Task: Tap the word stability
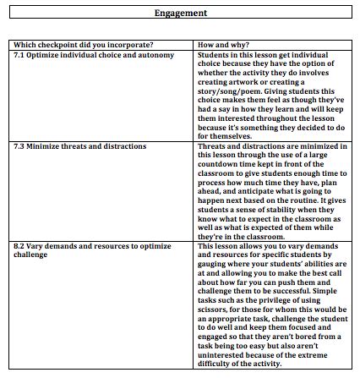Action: click(x=269, y=210)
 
